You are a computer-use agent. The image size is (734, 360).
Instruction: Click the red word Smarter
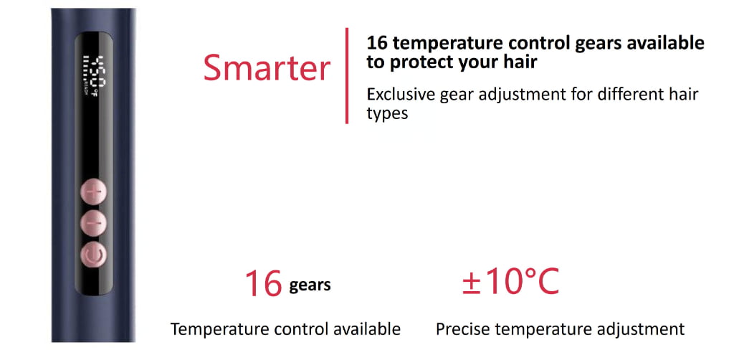pyautogui.click(x=267, y=68)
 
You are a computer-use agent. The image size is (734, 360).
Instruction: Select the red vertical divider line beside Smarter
pyautogui.click(x=348, y=75)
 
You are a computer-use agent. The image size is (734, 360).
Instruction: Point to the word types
pyautogui.click(x=387, y=113)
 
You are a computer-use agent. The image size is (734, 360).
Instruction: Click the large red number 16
pyautogui.click(x=263, y=284)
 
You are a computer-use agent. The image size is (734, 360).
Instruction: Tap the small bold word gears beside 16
pyautogui.click(x=310, y=285)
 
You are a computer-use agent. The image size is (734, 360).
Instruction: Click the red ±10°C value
pyautogui.click(x=510, y=282)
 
